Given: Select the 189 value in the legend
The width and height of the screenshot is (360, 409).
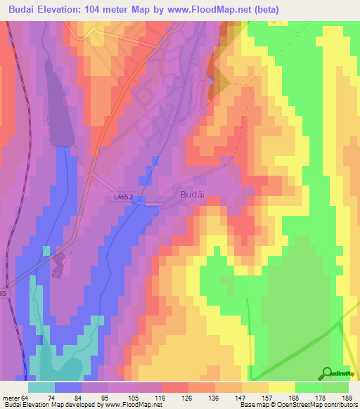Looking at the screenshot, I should click(347, 398).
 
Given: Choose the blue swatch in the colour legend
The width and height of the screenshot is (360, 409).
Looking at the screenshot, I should click(68, 387).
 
